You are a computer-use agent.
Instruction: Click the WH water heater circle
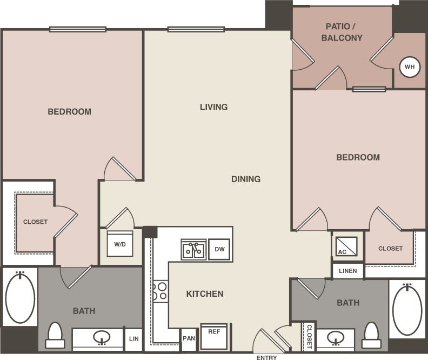tap(410, 67)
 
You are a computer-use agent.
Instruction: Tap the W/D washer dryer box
tap(119, 244)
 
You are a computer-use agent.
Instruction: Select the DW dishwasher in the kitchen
tap(219, 250)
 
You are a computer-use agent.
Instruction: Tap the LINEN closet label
tap(348, 271)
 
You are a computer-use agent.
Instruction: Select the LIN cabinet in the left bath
tap(133, 339)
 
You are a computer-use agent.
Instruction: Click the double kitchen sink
tap(193, 250)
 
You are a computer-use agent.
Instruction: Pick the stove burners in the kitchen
tap(160, 291)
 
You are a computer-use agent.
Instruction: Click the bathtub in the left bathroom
tap(20, 298)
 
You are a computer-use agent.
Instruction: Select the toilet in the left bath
tap(55, 336)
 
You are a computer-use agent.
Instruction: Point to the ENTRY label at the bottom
tap(266, 357)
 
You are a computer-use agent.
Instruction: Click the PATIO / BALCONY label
tap(342, 32)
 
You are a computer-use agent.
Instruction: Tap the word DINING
tap(246, 179)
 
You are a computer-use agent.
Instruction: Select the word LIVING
tap(213, 107)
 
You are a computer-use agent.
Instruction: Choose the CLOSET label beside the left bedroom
tap(35, 222)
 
